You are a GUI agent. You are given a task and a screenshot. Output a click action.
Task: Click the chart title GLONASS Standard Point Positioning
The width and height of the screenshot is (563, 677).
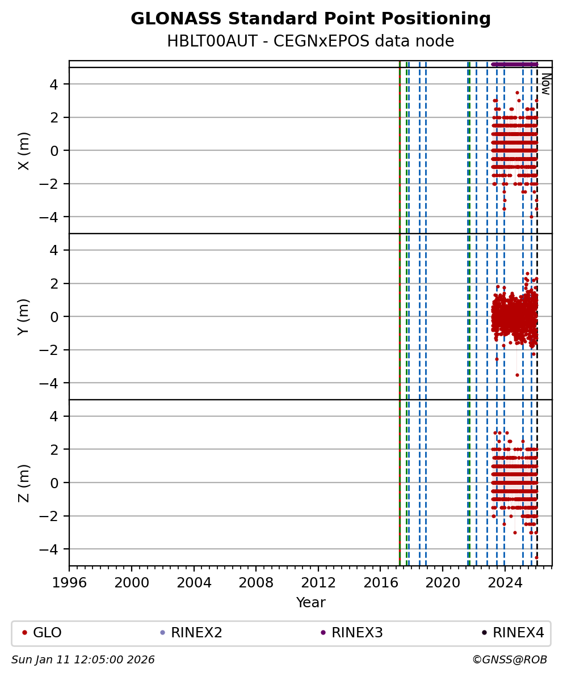click(x=310, y=19)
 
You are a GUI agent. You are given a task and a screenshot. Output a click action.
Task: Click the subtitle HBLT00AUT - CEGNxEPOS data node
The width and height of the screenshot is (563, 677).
click(x=310, y=41)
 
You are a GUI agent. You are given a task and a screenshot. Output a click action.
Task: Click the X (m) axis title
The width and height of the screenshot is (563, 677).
click(x=24, y=150)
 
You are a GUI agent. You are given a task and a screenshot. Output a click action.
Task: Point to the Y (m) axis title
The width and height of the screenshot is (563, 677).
click(x=24, y=316)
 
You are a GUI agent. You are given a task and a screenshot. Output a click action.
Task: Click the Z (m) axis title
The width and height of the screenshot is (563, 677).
click(x=24, y=483)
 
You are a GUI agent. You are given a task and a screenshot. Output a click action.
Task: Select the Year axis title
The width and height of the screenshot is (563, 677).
click(x=310, y=603)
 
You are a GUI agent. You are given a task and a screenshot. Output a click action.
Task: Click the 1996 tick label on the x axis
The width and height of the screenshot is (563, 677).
click(x=69, y=582)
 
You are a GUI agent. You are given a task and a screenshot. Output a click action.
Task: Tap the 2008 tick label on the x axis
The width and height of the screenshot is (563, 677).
click(x=256, y=582)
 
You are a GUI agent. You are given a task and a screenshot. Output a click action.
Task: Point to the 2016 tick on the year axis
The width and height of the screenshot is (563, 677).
click(x=380, y=582)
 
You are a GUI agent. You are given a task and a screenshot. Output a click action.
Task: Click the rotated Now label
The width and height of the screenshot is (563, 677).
click(x=545, y=83)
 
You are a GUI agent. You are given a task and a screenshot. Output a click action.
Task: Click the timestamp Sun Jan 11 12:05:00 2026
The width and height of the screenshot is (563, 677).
click(x=83, y=660)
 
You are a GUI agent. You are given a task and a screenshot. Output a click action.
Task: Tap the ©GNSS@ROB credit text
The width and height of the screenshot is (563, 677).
click(x=509, y=660)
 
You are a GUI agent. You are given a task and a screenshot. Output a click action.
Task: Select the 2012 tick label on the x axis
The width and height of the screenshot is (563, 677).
click(x=318, y=582)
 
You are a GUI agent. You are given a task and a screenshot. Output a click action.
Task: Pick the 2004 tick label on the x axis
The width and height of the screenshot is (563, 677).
click(x=194, y=582)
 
